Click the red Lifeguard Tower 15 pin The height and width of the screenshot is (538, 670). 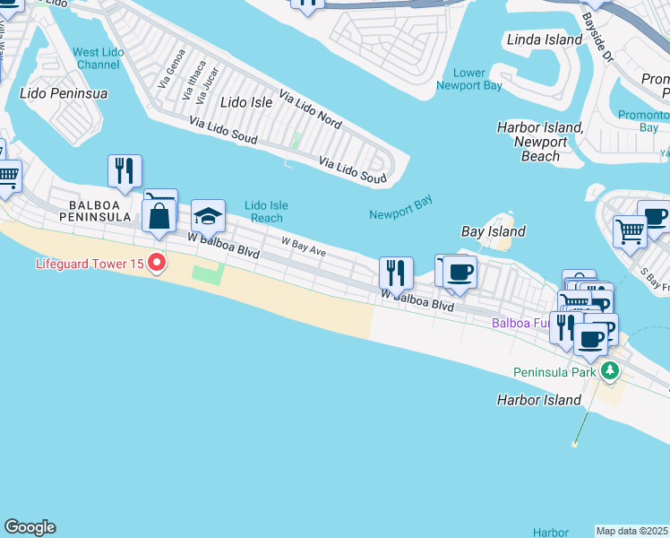tap(158, 263)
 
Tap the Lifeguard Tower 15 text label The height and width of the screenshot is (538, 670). tap(90, 264)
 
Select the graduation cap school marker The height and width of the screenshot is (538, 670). tap(208, 217)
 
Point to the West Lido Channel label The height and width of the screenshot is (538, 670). tap(99, 58)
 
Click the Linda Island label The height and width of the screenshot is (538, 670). tap(545, 39)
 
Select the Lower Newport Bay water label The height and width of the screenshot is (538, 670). tap(468, 79)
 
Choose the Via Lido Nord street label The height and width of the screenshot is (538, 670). tap(310, 107)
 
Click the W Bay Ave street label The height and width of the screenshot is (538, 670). tap(303, 242)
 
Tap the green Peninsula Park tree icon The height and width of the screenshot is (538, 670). tap(609, 370)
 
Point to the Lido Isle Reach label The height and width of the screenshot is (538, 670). tap(266, 212)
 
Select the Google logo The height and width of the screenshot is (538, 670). tap(30, 527)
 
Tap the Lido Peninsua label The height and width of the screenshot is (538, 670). tap(64, 93)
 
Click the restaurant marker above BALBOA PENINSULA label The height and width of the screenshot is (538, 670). tap(125, 170)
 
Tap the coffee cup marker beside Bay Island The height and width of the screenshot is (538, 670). tap(459, 273)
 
